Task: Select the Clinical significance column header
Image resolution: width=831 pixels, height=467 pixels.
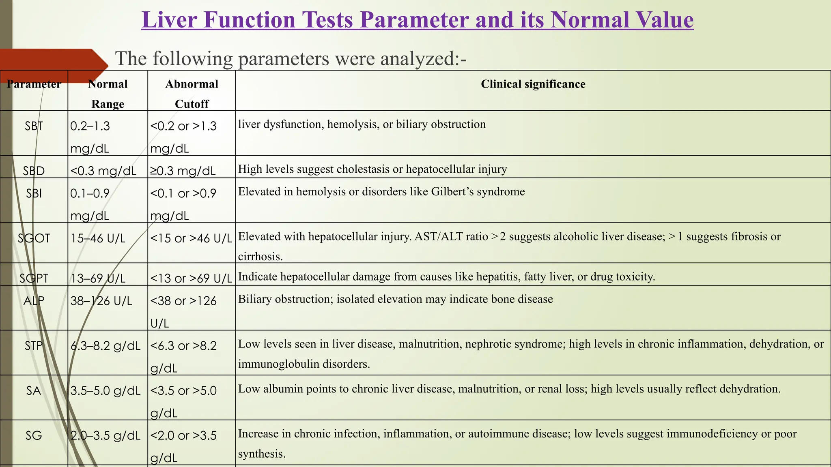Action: (x=533, y=84)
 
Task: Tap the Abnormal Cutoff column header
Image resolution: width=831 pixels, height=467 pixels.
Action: (x=192, y=94)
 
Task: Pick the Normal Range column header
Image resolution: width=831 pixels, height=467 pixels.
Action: (x=108, y=94)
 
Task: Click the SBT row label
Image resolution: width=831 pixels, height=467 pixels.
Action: (x=34, y=126)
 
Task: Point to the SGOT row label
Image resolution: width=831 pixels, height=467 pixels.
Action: (x=34, y=238)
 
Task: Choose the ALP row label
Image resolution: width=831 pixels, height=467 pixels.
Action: (x=34, y=301)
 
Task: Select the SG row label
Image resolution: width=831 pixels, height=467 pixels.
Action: (x=34, y=435)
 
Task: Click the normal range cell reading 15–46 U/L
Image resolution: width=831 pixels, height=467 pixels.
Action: (x=98, y=238)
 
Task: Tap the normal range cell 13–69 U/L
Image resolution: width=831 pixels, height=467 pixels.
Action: (x=98, y=278)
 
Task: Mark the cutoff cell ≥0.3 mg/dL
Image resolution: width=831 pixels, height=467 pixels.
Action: (x=183, y=171)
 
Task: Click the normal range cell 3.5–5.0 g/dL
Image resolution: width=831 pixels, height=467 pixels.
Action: (x=105, y=391)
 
